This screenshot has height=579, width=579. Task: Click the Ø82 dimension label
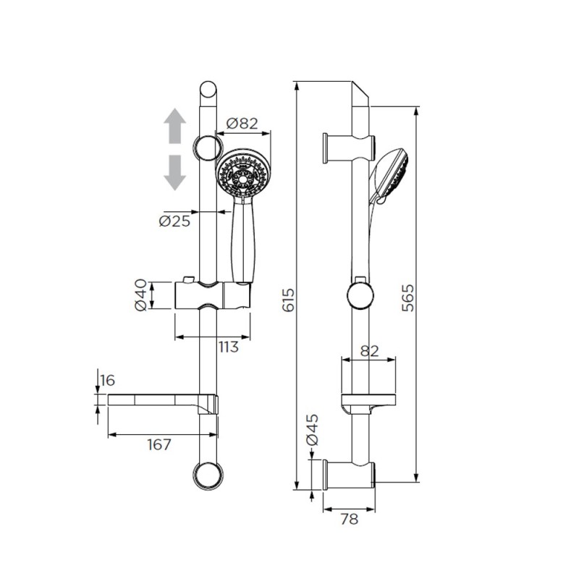tap(242, 123)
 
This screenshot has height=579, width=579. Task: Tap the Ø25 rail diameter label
tap(174, 221)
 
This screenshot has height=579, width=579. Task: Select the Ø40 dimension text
tap(140, 295)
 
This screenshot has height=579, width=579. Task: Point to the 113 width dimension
tap(228, 347)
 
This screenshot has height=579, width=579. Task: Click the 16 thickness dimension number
tap(108, 381)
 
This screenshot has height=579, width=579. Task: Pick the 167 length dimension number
tap(159, 444)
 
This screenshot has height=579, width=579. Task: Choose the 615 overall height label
tap(288, 300)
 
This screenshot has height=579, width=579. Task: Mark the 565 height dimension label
tap(408, 297)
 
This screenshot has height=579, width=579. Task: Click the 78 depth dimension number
tap(350, 520)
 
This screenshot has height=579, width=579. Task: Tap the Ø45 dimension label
tap(312, 429)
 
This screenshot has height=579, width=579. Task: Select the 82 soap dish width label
tap(370, 351)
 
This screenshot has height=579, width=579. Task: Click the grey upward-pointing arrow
tap(174, 126)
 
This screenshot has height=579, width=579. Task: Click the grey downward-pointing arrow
tap(174, 172)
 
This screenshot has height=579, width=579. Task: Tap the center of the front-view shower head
tap(243, 177)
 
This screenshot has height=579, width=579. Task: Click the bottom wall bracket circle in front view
tap(208, 476)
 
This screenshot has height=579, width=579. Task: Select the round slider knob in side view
tap(360, 296)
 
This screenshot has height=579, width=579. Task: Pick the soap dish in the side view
tap(368, 403)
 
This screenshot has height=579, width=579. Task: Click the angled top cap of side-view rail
tap(361, 94)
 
